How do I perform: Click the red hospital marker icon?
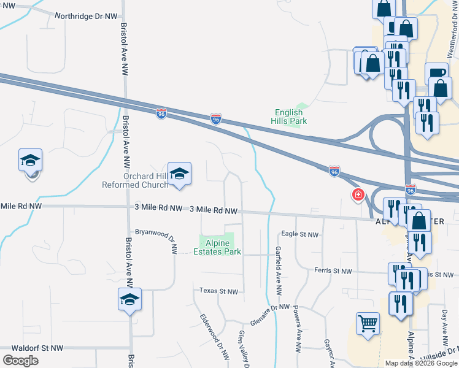point(357,195)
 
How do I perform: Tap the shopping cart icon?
point(368,322)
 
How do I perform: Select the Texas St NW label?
point(218,291)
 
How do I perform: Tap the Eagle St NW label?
point(300,234)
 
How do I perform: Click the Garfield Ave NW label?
point(279,264)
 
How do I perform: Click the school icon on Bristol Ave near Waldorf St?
point(129,300)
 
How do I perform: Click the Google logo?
point(20,361)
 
